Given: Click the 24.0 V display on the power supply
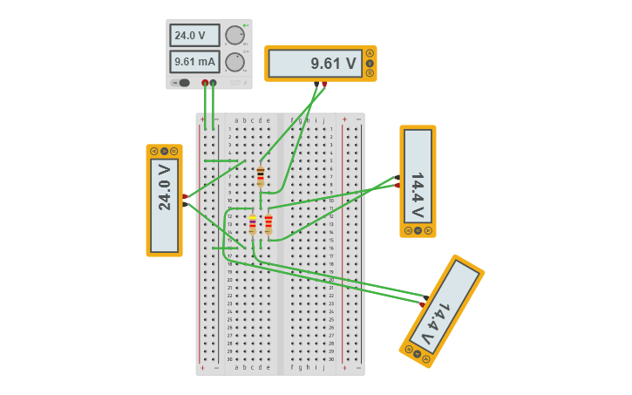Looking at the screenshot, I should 194,36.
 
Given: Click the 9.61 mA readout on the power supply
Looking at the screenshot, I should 194,62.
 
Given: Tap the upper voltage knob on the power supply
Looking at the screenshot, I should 234,36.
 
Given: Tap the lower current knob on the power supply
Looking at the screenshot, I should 234,62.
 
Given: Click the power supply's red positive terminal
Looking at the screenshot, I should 205,83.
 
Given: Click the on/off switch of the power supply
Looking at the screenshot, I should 182,83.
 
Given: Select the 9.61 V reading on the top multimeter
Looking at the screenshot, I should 315,64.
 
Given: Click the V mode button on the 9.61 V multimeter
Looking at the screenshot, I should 370,64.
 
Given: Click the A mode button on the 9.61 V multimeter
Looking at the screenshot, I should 370,54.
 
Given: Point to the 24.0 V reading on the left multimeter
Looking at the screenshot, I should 164,200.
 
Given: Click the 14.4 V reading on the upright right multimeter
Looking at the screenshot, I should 418,181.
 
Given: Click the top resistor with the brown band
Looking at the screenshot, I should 260,176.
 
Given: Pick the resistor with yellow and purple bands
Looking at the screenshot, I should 253,224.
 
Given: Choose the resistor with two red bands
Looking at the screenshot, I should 268,224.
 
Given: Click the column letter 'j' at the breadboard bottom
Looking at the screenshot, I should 323,367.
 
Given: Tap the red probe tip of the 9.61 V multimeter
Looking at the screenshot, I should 324,84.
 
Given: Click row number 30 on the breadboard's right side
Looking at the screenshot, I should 332,358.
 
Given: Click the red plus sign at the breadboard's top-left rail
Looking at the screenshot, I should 202,119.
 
